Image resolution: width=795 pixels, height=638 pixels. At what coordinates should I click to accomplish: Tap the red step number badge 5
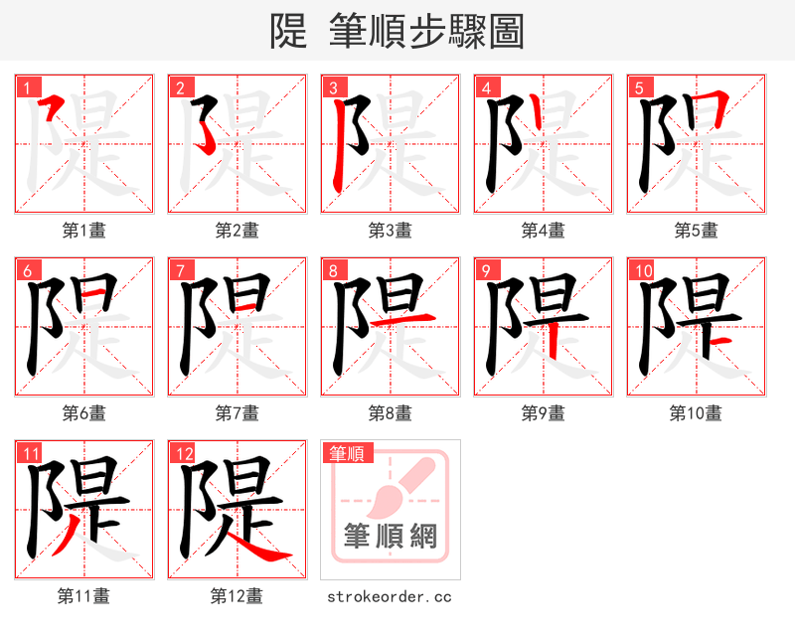(639, 87)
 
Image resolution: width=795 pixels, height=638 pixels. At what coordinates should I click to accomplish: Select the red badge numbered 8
(333, 270)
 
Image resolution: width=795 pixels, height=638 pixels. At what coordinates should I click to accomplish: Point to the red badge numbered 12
(180, 454)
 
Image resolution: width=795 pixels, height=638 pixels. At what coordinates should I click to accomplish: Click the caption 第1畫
(84, 231)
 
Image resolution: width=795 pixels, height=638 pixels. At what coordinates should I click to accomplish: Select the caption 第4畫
(544, 231)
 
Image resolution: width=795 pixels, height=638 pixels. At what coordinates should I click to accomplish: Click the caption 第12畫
(238, 596)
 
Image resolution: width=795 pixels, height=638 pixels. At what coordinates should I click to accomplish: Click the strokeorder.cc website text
(391, 596)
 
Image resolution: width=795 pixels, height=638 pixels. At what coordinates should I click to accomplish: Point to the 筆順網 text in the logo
(391, 537)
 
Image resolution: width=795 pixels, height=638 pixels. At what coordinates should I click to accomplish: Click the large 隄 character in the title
(289, 32)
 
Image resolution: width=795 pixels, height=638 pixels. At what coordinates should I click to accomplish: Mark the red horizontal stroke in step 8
(416, 318)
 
